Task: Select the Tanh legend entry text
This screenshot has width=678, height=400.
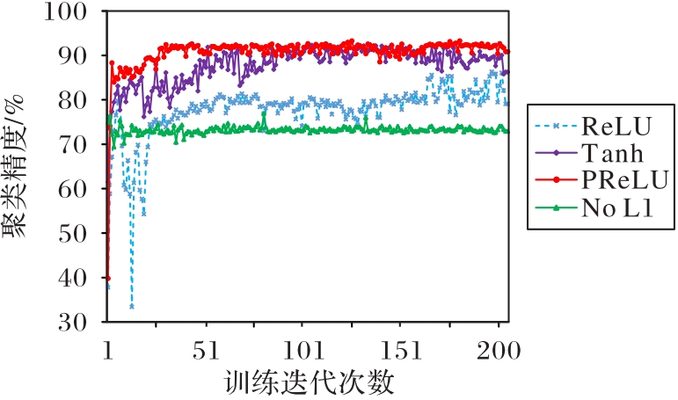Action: pos(612,155)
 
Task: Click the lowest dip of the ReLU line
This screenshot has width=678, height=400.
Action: pos(132,306)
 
